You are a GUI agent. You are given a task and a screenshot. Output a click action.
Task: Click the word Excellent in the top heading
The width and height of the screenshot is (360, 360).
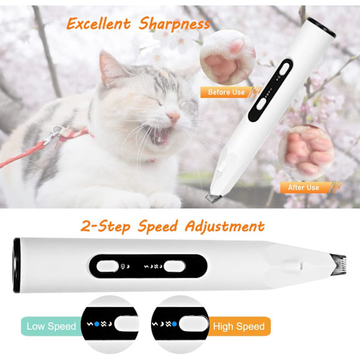pyautogui.click(x=98, y=23)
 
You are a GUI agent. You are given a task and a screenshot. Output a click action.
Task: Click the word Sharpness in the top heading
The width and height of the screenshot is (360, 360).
pyautogui.click(x=175, y=24)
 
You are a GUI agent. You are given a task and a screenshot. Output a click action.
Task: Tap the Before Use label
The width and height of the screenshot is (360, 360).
pyautogui.click(x=226, y=92)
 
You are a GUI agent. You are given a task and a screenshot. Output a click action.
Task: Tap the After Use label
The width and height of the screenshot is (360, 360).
pyautogui.click(x=304, y=188)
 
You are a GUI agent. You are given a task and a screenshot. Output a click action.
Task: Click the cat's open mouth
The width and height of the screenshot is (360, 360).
pyautogui.click(x=163, y=135)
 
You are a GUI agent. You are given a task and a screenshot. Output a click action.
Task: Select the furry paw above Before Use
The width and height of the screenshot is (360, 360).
pyautogui.click(x=228, y=58)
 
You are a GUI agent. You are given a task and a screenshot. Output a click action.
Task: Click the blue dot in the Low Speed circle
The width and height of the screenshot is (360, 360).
pyautogui.click(x=97, y=324)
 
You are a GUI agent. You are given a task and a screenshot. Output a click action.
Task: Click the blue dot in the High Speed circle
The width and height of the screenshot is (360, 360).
pyautogui.click(x=174, y=324)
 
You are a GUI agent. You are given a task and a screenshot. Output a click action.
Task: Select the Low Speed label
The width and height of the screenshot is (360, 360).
pyautogui.click(x=51, y=326)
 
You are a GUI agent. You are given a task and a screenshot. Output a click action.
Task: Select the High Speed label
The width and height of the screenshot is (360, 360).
pyautogui.click(x=239, y=326)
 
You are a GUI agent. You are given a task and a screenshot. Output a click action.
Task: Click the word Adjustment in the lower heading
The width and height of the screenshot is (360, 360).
pyautogui.click(x=224, y=227)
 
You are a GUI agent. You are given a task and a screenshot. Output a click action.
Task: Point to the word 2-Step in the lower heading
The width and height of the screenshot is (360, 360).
pyautogui.click(x=106, y=226)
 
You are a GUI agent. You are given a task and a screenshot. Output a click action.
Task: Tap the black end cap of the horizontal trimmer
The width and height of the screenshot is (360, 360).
pyautogui.click(x=17, y=265)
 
